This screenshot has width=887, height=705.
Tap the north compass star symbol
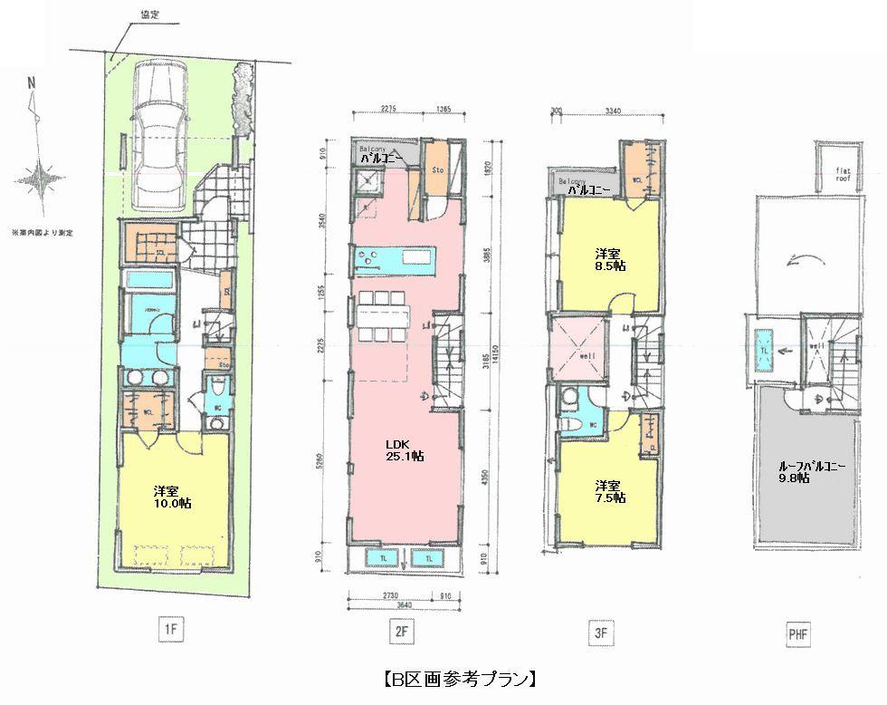(39, 179)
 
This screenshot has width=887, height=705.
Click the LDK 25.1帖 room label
(404, 450)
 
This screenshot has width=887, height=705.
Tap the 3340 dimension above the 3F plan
(615, 111)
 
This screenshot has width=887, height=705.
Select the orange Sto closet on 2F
(436, 169)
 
